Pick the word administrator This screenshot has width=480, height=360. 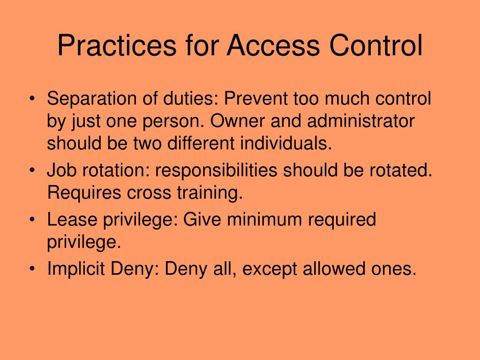361,121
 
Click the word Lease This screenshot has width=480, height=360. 70,220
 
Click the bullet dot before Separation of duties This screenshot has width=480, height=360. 32,100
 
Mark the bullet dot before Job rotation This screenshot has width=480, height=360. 32,172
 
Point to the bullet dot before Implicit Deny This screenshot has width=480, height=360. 32,270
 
